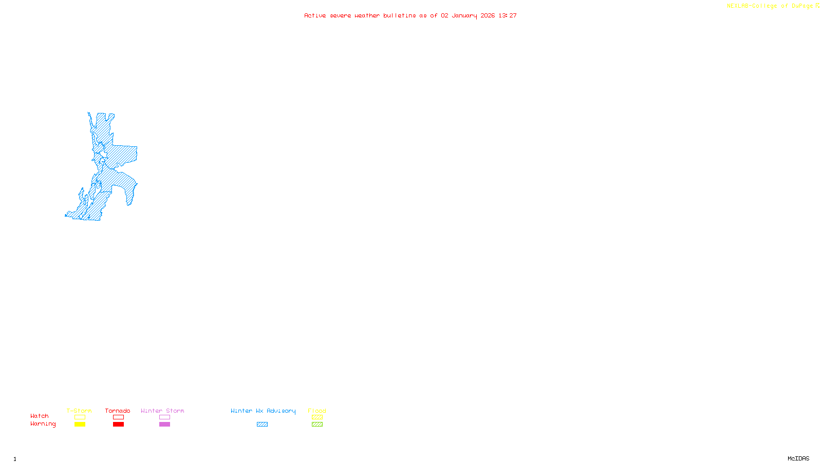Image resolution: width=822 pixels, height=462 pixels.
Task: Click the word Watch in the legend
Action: click(x=40, y=416)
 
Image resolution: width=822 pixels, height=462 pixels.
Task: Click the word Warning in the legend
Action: click(x=43, y=424)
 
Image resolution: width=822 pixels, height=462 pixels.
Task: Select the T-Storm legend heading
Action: click(x=79, y=411)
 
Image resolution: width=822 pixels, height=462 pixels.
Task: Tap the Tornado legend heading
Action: click(x=118, y=411)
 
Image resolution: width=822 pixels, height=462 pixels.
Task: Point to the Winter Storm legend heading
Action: click(x=162, y=411)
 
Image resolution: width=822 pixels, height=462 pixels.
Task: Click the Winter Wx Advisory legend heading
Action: click(x=263, y=411)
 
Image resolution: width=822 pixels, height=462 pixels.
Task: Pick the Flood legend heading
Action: click(x=317, y=411)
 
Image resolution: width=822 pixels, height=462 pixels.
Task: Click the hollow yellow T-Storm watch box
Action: click(x=80, y=417)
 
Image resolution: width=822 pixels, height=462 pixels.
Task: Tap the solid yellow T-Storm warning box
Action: click(x=80, y=425)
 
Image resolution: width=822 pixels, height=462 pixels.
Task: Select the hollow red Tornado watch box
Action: click(x=118, y=417)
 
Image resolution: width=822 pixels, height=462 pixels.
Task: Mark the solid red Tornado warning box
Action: click(x=118, y=425)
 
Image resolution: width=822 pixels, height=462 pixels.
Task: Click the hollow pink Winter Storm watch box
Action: click(x=164, y=417)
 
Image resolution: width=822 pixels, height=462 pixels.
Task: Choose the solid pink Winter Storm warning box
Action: click(x=164, y=425)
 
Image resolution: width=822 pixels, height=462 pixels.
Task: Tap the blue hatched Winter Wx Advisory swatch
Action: click(x=262, y=425)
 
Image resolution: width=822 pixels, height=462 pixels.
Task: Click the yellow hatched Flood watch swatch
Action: click(x=317, y=417)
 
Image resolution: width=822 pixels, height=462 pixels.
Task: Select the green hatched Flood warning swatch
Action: click(x=317, y=425)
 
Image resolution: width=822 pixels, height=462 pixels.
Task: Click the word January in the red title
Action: click(x=464, y=15)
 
